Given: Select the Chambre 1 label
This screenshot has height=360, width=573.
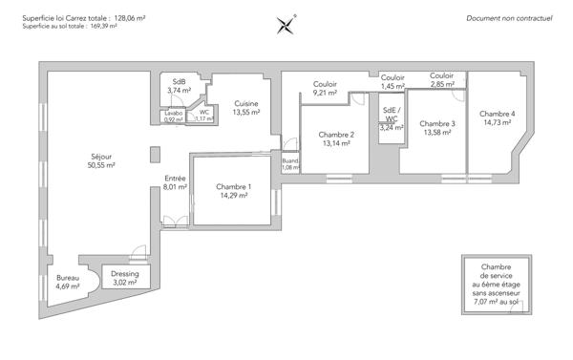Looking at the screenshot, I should point(233,190).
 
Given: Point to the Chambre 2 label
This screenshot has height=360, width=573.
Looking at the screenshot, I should point(336,138).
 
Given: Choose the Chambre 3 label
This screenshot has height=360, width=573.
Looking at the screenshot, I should point(437,127).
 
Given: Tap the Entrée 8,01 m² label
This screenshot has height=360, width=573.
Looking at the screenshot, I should point(175,182).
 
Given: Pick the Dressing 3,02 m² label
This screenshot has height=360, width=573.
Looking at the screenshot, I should point(125,278).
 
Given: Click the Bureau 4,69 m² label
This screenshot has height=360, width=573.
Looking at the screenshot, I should point(68,282).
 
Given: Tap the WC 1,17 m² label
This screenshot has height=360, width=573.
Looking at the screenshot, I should point(203,116).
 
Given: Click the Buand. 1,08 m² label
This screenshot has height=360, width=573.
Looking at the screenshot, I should point(290,164).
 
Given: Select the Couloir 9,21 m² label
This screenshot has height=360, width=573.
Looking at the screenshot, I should point(326,89).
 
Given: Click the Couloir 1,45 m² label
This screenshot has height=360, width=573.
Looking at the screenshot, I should point(393,81).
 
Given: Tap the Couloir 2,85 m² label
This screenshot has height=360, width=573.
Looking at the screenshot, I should point(441,80).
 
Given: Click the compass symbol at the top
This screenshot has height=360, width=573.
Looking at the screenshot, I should point(286,23).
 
